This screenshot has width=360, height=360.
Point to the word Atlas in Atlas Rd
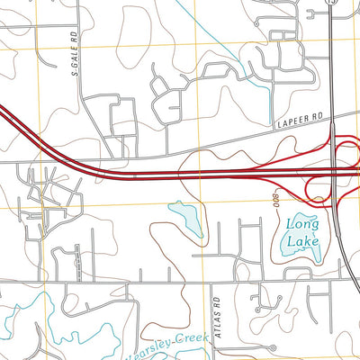(216, 318)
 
